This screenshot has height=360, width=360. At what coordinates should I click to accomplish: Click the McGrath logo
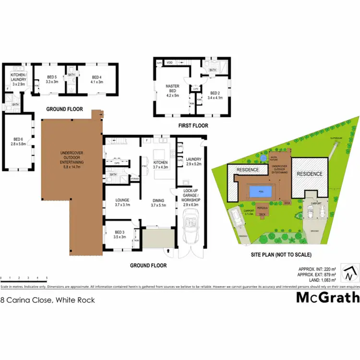pyautogui.click(x=327, y=298)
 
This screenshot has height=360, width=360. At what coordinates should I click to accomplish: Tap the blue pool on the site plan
pyautogui.click(x=260, y=192)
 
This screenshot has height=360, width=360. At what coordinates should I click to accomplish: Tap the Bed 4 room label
pyautogui.click(x=96, y=79)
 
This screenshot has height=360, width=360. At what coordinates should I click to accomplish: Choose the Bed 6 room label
pyautogui.click(x=19, y=143)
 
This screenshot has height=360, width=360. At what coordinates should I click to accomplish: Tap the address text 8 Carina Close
pyautogui.click(x=48, y=300)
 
